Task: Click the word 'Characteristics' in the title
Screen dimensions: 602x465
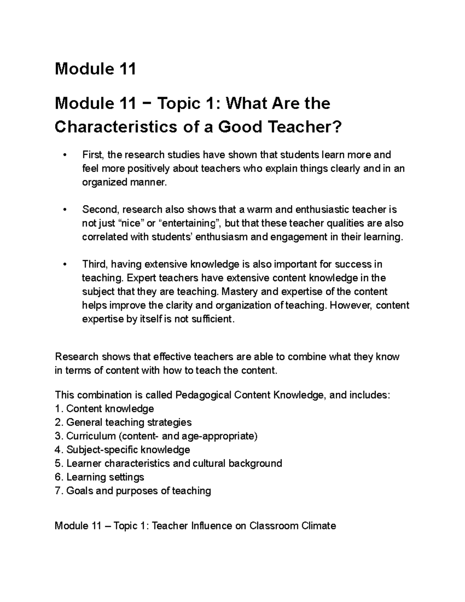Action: (115, 127)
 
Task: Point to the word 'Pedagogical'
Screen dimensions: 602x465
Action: (203, 395)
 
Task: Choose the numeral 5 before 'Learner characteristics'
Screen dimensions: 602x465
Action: (58, 463)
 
